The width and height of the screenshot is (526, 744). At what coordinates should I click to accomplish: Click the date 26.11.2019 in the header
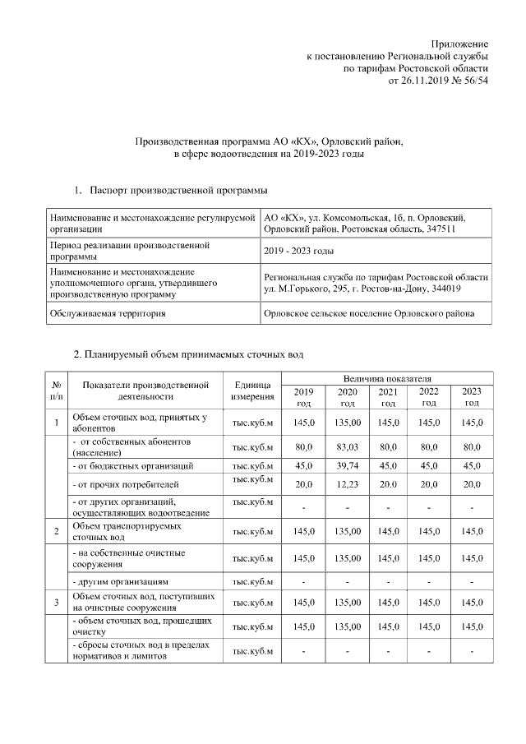pos(425,82)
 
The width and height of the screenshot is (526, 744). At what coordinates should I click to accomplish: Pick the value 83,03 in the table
pos(347,447)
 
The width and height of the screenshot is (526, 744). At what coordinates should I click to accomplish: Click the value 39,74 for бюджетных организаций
pos(347,466)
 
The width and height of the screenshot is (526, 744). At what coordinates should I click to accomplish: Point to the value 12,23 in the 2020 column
pos(347,484)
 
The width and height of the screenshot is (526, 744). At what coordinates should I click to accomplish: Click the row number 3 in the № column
pos(57,603)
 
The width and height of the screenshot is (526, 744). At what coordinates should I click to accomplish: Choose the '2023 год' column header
pos(472,396)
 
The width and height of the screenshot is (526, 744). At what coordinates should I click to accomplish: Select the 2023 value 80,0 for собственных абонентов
pos(472,447)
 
